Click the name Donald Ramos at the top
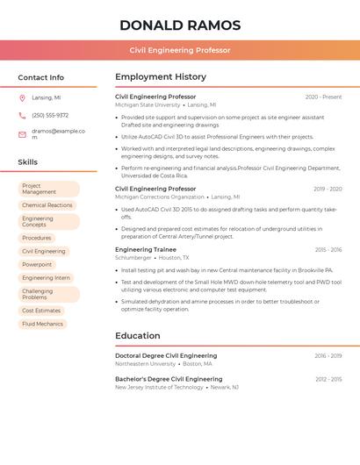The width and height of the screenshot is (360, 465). tap(180, 25)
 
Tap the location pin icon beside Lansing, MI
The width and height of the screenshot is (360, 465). tap(22, 97)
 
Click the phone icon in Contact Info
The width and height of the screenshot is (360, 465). tap(22, 115)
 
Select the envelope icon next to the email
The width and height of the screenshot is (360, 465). tap(22, 134)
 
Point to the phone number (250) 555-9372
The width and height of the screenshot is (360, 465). tap(50, 115)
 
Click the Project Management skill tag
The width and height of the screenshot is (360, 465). tap(49, 189)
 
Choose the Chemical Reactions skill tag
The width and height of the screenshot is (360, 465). tap(47, 205)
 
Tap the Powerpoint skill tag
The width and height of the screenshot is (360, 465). tap(37, 264)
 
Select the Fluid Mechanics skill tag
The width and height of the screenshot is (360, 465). tap(42, 324)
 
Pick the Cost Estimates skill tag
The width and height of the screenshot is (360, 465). tap(41, 311)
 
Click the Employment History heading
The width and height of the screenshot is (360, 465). tap(161, 76)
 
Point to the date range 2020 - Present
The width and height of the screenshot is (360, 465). tap(323, 97)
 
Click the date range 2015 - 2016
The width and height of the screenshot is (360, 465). tap(328, 249)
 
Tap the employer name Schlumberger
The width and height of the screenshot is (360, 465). tap(133, 258)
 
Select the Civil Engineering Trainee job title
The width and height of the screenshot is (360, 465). tap(146, 249)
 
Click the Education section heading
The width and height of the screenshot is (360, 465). tap(138, 335)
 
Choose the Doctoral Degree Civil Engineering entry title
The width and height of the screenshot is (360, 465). tap(166, 355)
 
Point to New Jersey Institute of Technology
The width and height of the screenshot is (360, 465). tap(159, 387)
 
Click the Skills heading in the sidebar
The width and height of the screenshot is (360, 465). tap(28, 162)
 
